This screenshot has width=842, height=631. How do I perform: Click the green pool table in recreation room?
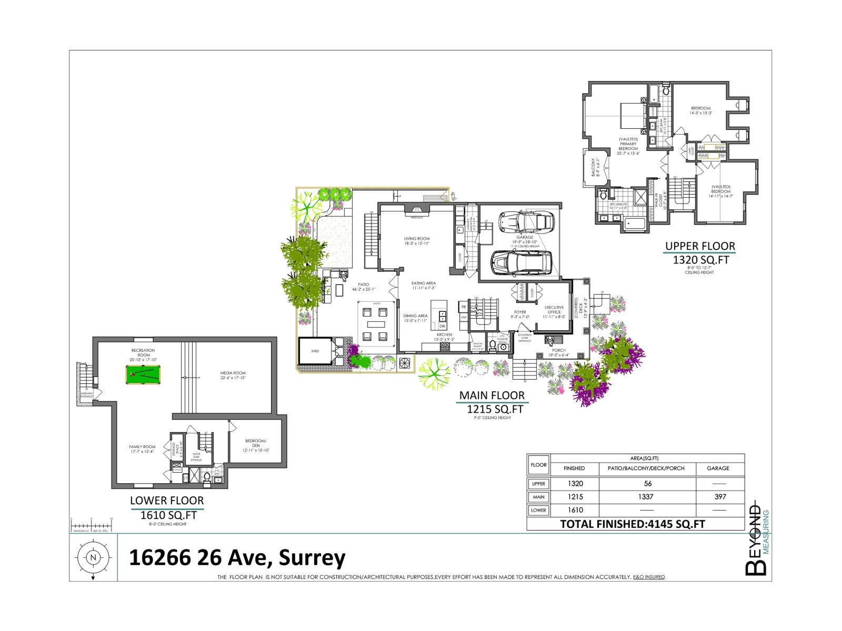143,375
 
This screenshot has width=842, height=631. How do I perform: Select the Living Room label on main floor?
417,241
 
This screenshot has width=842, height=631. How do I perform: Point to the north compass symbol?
93,558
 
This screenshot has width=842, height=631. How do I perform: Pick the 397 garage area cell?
720,496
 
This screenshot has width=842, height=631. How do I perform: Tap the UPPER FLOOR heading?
700,246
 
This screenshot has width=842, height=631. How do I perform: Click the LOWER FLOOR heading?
167,501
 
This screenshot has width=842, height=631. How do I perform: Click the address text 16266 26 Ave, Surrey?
237,557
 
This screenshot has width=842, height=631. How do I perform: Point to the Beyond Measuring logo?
758,536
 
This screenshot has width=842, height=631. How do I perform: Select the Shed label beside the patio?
315,351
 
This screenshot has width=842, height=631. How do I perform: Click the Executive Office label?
554,310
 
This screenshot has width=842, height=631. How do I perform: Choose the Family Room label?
142,449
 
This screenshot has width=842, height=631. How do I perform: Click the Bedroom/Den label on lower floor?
256,446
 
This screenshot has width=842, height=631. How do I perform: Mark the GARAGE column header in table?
718,468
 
